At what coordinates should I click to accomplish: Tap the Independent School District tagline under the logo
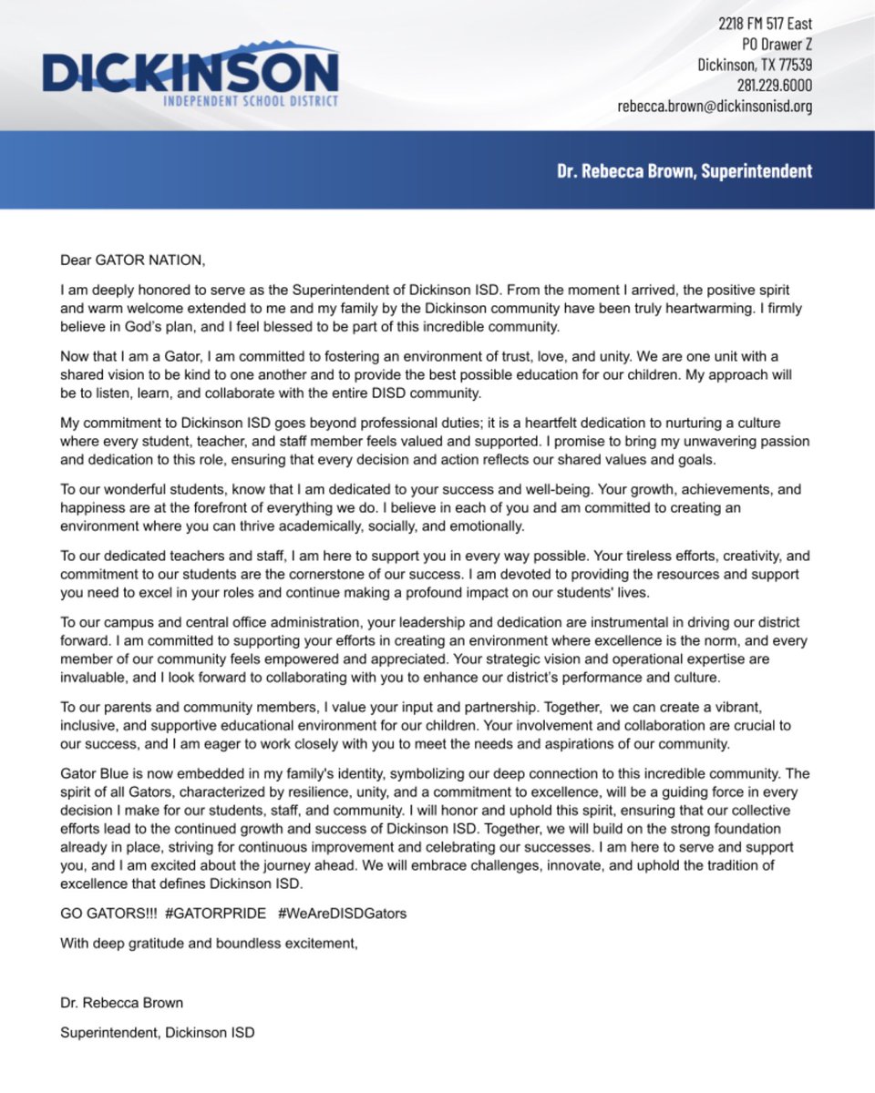point(251,101)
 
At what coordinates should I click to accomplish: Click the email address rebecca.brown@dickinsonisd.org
point(714,106)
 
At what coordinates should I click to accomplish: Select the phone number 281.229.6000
point(774,85)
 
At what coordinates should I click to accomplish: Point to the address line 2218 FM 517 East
point(765,24)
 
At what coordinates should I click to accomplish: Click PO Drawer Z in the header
point(776,44)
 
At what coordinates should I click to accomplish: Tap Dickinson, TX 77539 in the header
point(755,65)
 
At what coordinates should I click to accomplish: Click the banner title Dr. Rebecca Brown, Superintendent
point(684,170)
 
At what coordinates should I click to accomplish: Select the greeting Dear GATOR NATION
point(133,260)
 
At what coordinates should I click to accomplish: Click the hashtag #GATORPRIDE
point(216,913)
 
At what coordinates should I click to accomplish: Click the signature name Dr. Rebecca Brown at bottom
point(121,1003)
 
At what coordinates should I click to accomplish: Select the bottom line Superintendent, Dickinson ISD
point(158,1032)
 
